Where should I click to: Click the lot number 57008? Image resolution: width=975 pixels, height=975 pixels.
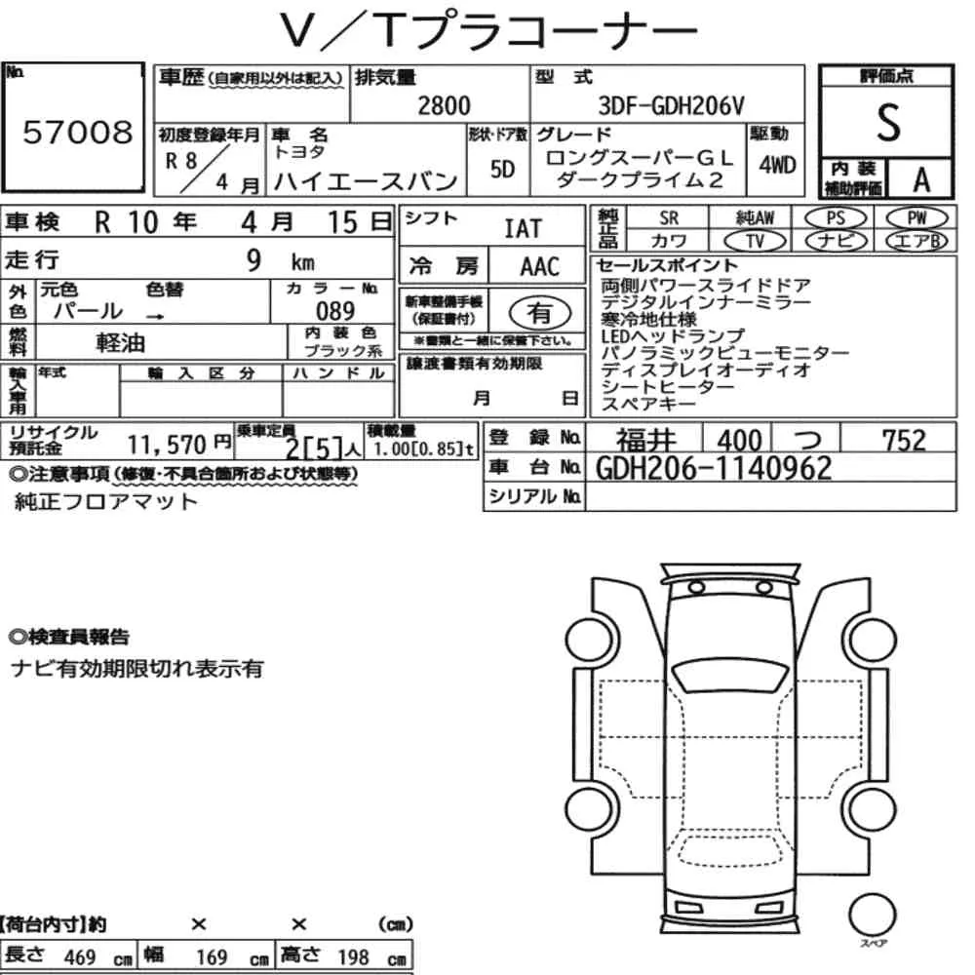[78, 132]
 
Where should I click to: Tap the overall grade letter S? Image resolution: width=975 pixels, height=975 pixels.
[888, 123]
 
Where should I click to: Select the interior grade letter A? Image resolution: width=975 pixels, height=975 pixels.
[921, 180]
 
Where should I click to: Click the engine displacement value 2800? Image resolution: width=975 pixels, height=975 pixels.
[444, 105]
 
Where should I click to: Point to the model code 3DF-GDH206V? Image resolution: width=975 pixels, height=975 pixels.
[671, 106]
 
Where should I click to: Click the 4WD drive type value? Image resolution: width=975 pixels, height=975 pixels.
[777, 166]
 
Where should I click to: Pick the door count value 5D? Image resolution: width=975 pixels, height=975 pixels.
[502, 169]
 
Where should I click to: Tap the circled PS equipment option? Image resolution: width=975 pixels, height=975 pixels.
[836, 218]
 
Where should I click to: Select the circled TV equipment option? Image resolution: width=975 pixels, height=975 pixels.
[756, 241]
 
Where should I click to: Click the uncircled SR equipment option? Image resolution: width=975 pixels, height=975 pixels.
[669, 218]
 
